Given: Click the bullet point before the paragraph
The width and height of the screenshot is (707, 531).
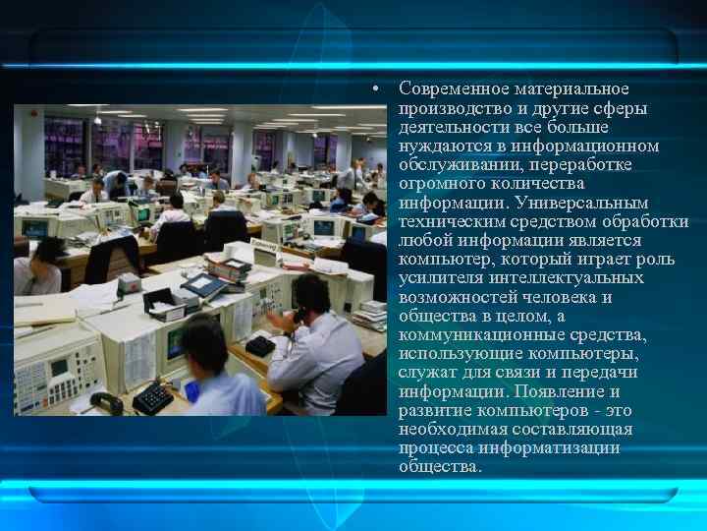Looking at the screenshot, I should tap(377, 90).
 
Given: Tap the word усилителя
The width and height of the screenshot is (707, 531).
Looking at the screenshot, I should tap(439, 278).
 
